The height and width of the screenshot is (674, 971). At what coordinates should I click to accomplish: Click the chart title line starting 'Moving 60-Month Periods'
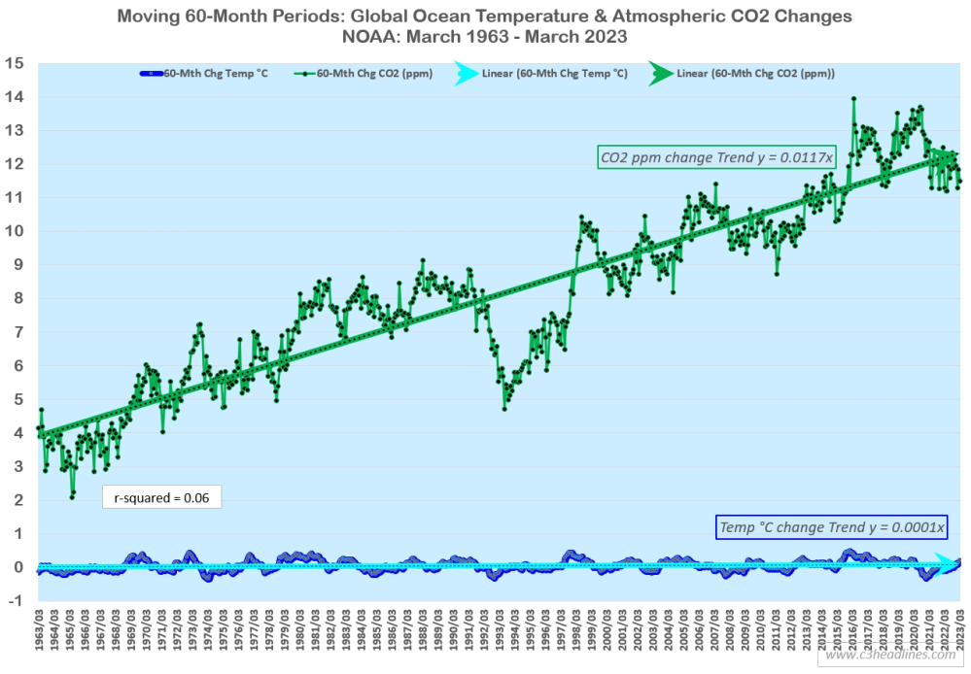pyautogui.click(x=485, y=17)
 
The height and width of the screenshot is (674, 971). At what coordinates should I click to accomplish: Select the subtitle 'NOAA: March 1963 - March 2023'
pyautogui.click(x=485, y=38)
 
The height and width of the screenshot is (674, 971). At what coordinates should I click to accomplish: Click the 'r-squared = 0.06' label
pyautogui.click(x=161, y=498)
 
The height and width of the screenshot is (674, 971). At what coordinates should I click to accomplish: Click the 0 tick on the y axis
pyautogui.click(x=18, y=567)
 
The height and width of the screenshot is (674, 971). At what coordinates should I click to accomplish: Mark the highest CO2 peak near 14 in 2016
pyautogui.click(x=853, y=98)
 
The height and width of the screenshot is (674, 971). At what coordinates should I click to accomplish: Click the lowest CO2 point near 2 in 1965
pyautogui.click(x=72, y=497)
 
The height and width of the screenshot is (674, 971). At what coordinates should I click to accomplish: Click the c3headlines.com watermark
pyautogui.click(x=892, y=656)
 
